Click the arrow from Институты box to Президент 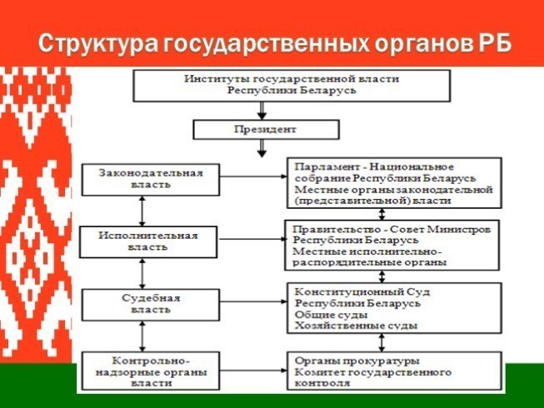click(x=262, y=108)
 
